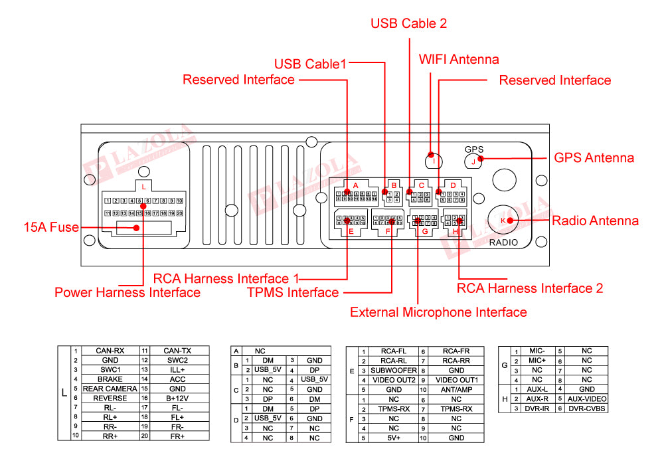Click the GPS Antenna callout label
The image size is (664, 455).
tap(594, 158)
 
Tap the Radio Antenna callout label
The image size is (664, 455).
tap(596, 221)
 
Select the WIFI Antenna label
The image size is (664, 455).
tap(458, 59)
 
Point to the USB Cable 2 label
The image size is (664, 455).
tap(408, 23)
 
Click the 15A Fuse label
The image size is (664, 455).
tap(50, 228)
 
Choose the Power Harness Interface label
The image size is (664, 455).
tap(127, 292)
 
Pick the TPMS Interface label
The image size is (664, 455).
tap(293, 293)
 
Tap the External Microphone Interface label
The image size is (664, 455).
tap(438, 312)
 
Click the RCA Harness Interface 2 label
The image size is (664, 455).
tap(530, 288)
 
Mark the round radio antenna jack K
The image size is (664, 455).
tap(504, 220)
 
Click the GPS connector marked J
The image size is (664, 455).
tap(473, 160)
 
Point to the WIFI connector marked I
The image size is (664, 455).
tap(434, 159)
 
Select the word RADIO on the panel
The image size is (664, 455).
tap(503, 243)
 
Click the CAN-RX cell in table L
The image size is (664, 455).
tap(110, 351)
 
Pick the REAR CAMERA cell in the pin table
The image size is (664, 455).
tap(110, 389)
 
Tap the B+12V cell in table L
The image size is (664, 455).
tap(177, 398)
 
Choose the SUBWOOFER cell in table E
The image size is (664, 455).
tap(394, 370)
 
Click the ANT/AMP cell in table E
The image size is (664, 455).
tap(456, 389)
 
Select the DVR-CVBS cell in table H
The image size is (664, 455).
tap(586, 408)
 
